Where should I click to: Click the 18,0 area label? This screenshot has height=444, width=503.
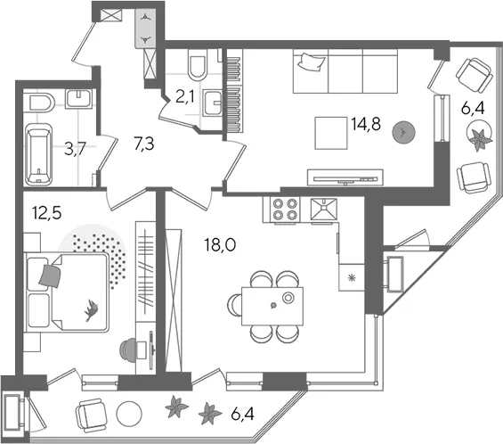pyautogui.click(x=220, y=245)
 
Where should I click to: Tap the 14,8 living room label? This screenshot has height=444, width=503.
pyautogui.click(x=366, y=124)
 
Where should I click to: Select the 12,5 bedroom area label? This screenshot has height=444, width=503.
pyautogui.click(x=47, y=213)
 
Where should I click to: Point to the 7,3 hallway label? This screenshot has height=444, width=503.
pyautogui.click(x=144, y=144)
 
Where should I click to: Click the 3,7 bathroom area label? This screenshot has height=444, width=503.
pyautogui.click(x=75, y=150)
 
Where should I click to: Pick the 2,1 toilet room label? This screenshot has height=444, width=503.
pyautogui.click(x=185, y=96)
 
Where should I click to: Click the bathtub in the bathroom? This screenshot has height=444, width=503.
pyautogui.click(x=38, y=154)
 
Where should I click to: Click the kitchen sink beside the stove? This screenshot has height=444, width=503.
pyautogui.click(x=324, y=210)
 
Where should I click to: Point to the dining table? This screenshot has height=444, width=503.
pyautogui.click(x=272, y=306)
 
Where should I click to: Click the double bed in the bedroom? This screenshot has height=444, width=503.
pyautogui.click(x=67, y=292)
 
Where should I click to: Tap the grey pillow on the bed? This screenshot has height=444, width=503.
pyautogui.click(x=50, y=276)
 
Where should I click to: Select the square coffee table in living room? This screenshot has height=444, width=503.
pyautogui.click(x=331, y=133)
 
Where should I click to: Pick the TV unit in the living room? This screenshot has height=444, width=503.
pyautogui.click(x=345, y=177)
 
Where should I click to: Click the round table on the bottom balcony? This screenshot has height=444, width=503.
pyautogui.click(x=129, y=414)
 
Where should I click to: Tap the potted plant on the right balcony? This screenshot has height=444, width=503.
pyautogui.click(x=479, y=136)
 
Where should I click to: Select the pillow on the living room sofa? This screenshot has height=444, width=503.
pyautogui.click(x=312, y=62)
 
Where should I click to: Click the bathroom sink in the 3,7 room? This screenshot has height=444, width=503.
pyautogui.click(x=78, y=99)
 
